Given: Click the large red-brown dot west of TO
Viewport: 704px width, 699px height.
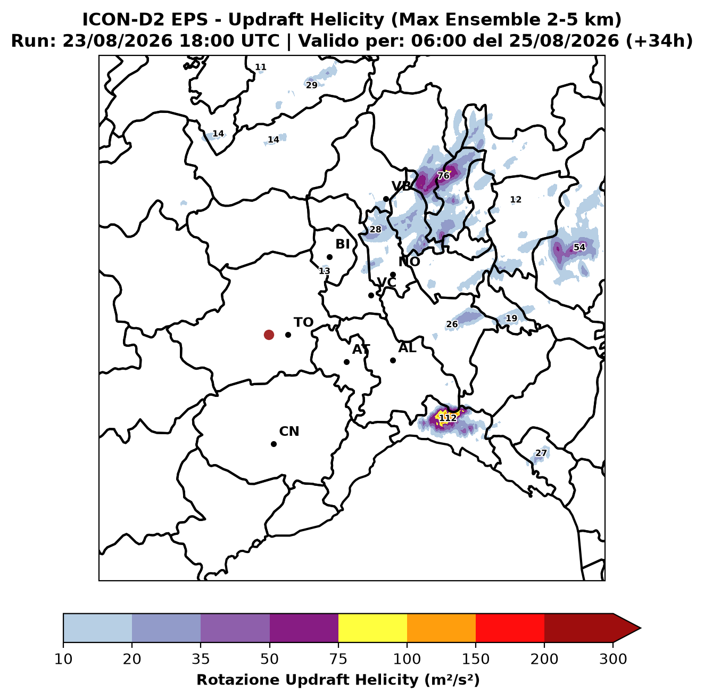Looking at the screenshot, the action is (x=269, y=335).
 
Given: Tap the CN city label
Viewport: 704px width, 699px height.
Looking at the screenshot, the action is (x=289, y=432).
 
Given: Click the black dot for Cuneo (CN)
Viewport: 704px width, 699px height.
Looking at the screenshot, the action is (x=274, y=444).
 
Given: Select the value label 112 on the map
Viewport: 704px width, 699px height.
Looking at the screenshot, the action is (x=448, y=418).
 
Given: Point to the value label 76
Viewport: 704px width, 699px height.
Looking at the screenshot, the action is (x=443, y=176).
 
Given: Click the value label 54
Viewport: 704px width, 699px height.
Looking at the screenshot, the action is (x=579, y=247).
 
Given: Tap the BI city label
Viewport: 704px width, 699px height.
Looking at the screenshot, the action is (x=342, y=244).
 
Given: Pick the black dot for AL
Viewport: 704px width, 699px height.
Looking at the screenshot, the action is (x=393, y=360).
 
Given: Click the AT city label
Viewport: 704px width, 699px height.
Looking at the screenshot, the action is (x=361, y=349).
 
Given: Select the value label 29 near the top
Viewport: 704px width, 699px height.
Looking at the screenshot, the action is (x=312, y=85).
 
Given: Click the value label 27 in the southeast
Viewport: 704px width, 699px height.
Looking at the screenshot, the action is (x=541, y=453).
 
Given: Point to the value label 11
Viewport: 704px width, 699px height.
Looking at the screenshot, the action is (x=261, y=67).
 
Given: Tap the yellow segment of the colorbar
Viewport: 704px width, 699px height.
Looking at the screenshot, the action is (x=372, y=628).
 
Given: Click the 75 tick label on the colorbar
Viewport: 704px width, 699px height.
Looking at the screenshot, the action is (x=338, y=659).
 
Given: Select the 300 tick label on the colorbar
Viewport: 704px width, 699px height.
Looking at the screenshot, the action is (x=613, y=659).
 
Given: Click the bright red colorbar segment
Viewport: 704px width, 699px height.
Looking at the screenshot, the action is (x=510, y=628).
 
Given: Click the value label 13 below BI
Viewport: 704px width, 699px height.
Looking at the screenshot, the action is (x=325, y=271).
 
